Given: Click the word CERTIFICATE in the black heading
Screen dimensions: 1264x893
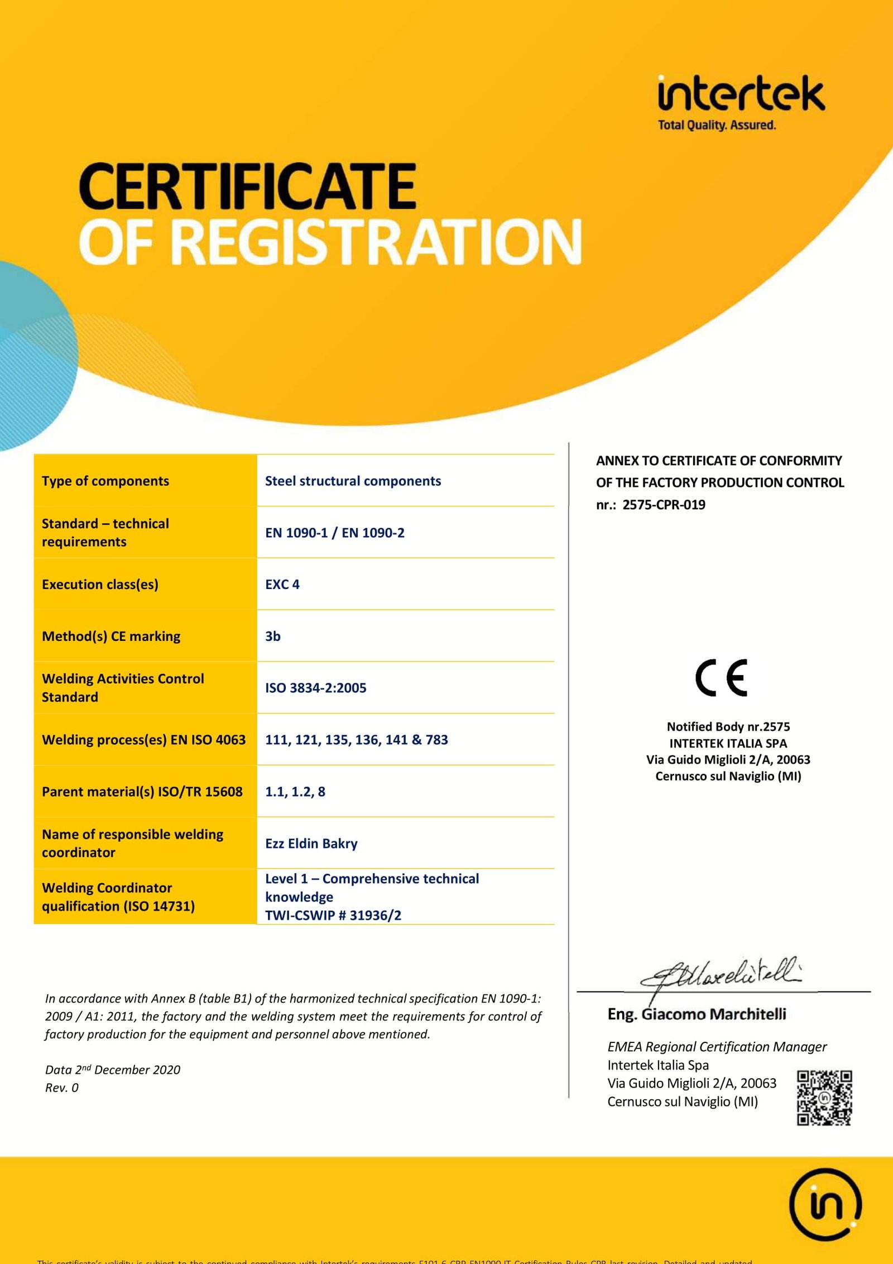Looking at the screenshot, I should point(247,186).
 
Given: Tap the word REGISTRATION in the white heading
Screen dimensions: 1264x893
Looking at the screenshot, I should point(380,242).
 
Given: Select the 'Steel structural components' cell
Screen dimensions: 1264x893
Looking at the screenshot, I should point(353,481).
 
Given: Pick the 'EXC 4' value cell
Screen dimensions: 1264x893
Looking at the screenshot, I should point(282,585).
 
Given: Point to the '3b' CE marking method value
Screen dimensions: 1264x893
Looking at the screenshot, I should point(273,636).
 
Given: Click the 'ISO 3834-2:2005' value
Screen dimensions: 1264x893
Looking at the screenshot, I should point(316,688).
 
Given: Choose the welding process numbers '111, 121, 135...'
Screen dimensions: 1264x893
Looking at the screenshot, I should point(357,740).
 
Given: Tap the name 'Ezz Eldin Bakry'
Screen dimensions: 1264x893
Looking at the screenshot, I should point(311,844).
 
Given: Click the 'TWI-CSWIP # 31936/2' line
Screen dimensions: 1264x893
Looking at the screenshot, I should point(333,916).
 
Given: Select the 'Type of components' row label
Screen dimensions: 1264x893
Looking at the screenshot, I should point(105,481).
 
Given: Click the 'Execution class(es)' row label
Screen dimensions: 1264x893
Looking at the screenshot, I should point(100,585).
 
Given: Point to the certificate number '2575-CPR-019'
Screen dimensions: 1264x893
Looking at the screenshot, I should point(664,505).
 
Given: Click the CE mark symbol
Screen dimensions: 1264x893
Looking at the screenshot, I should point(721,678).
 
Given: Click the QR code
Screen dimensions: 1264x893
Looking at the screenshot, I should point(824,1098).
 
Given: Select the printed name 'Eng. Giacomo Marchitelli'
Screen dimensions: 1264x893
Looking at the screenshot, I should point(697,1014).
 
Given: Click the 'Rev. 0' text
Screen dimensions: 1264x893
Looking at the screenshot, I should point(62,1088).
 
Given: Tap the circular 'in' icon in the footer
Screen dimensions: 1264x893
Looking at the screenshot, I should point(825,1204).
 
